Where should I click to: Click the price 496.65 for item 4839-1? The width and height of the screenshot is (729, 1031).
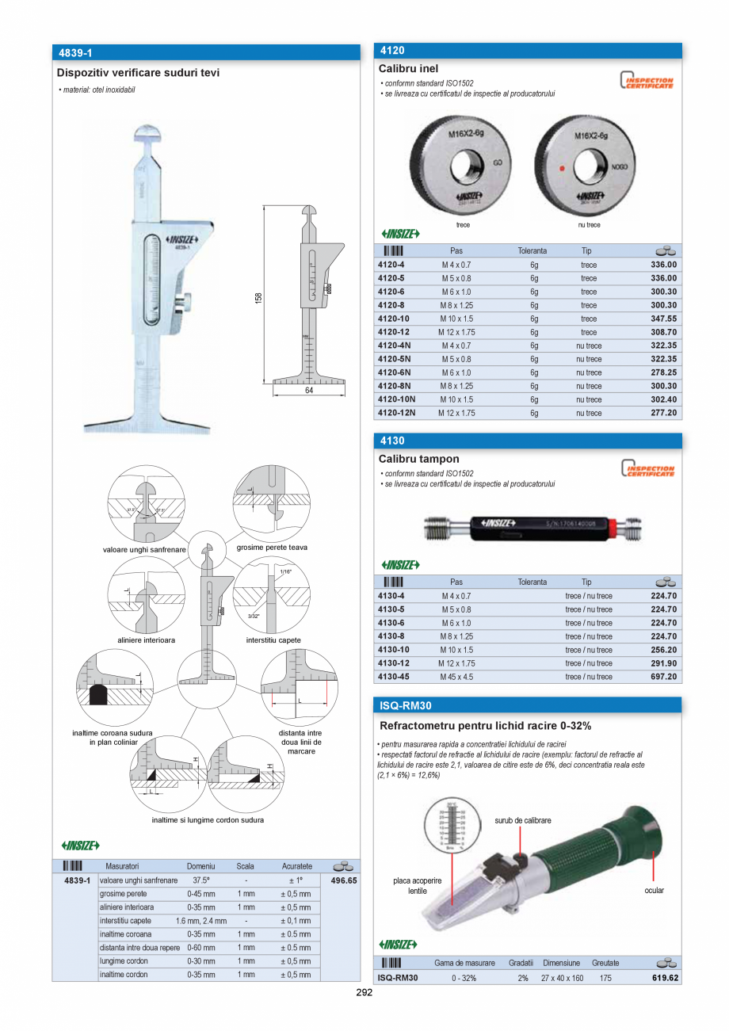344,880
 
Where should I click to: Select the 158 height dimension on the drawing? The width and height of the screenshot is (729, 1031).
258,297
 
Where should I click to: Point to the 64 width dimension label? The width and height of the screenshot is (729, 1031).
308,391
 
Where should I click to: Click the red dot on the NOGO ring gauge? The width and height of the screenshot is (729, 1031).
562,168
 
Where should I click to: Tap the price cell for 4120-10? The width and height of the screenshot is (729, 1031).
663,319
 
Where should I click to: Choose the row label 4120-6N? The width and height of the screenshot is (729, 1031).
393,372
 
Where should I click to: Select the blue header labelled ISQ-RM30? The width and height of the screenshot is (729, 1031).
527,705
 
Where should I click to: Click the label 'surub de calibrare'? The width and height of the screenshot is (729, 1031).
523,820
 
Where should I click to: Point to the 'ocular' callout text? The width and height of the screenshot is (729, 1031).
654,890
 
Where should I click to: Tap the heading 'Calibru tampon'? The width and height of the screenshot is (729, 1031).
419,459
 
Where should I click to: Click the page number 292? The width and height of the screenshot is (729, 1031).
364,992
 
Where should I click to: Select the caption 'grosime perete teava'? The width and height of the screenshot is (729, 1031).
272,547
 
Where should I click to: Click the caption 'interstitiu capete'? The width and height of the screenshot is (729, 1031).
273,640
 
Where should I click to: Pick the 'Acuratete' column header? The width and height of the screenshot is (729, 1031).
297,866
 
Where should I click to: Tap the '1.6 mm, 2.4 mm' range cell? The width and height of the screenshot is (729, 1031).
201,921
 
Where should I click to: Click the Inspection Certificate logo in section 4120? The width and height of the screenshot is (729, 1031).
647,82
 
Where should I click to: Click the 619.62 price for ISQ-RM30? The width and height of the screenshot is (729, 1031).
665,978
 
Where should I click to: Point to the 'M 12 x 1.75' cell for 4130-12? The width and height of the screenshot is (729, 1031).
456,663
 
